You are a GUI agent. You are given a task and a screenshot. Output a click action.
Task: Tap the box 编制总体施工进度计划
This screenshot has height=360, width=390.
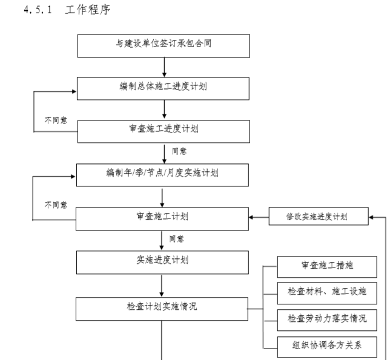tap(163, 88)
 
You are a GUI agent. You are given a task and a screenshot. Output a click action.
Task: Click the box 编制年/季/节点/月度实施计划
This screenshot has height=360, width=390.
tap(163, 174)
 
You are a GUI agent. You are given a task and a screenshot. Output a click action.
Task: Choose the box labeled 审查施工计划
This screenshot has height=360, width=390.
tap(163, 216)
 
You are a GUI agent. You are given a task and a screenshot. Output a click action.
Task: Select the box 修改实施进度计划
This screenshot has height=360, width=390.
tap(318, 216)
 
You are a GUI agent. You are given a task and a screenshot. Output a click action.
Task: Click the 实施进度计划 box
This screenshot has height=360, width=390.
tap(163, 261)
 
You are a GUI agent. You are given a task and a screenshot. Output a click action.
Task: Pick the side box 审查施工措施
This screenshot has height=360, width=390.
tap(327, 266)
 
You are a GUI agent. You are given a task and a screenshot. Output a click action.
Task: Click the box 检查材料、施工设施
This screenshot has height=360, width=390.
tap(327, 291)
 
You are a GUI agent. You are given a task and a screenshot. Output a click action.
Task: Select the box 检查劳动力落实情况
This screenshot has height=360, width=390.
tap(327, 317)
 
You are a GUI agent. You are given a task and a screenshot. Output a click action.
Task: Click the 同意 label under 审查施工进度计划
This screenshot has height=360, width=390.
tap(179, 151)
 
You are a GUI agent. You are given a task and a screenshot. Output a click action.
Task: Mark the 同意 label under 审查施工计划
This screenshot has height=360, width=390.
tap(177, 238)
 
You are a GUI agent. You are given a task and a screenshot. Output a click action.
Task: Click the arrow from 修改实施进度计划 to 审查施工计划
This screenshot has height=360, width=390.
tap(259, 216)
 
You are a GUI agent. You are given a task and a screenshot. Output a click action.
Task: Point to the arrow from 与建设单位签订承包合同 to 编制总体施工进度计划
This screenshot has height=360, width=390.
tap(164, 67)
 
